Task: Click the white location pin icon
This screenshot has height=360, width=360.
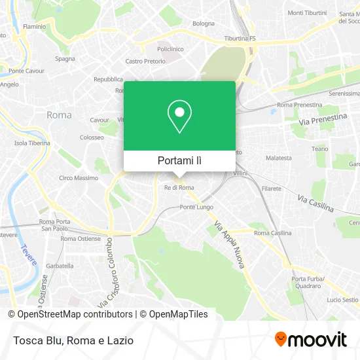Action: pos(179,116)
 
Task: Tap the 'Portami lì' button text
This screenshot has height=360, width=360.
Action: pos(179,160)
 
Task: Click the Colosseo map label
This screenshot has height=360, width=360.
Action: pos(92,138)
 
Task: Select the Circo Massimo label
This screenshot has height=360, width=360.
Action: pos(79,178)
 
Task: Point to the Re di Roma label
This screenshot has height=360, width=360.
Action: pos(179,188)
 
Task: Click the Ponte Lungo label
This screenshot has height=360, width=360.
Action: pos(196,207)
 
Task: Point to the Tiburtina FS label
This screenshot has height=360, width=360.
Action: pos(240,38)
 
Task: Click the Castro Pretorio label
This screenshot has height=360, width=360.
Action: pos(143,62)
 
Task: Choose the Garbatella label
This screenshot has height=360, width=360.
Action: pos(60,266)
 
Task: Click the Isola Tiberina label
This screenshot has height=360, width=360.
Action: pos(32,143)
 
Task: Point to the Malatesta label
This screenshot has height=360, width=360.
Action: pos(278,158)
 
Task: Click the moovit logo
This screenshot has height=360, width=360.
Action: pos(310,340)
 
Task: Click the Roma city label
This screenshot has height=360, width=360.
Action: pos(59,115)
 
